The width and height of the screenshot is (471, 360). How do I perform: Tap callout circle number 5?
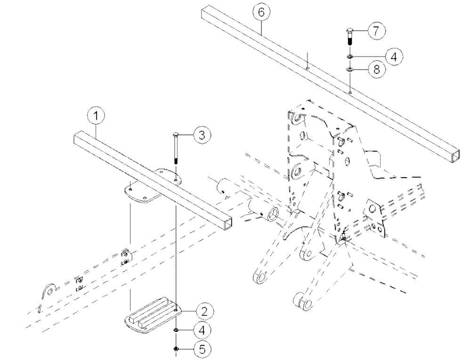pos(203,349)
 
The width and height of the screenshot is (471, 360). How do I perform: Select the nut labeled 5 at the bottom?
pos(176,349)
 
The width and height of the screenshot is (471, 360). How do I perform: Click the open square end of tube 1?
pos(227,223)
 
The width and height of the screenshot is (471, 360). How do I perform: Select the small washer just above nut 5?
pos(176,331)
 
